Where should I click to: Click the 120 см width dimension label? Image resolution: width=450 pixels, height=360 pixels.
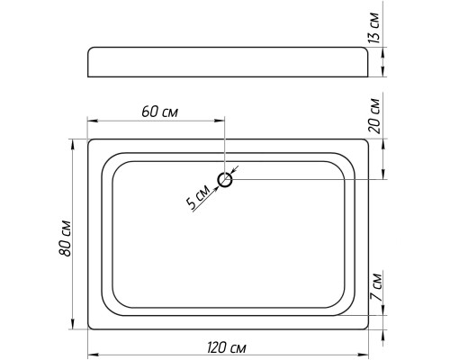click(227, 348)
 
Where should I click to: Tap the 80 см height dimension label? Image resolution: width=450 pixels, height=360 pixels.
click(65, 238)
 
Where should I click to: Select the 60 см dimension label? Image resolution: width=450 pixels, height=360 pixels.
click(160, 112)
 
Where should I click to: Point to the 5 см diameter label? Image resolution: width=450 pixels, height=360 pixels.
click(197, 196)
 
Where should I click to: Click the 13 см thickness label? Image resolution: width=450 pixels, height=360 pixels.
click(373, 28)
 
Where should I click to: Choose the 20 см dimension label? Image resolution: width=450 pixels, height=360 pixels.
click(373, 115)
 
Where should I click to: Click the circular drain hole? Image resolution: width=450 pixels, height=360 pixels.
click(225, 180)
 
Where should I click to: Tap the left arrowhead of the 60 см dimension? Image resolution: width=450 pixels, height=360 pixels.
click(92, 121)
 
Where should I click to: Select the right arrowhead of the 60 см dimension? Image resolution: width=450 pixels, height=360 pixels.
click(220, 121)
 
